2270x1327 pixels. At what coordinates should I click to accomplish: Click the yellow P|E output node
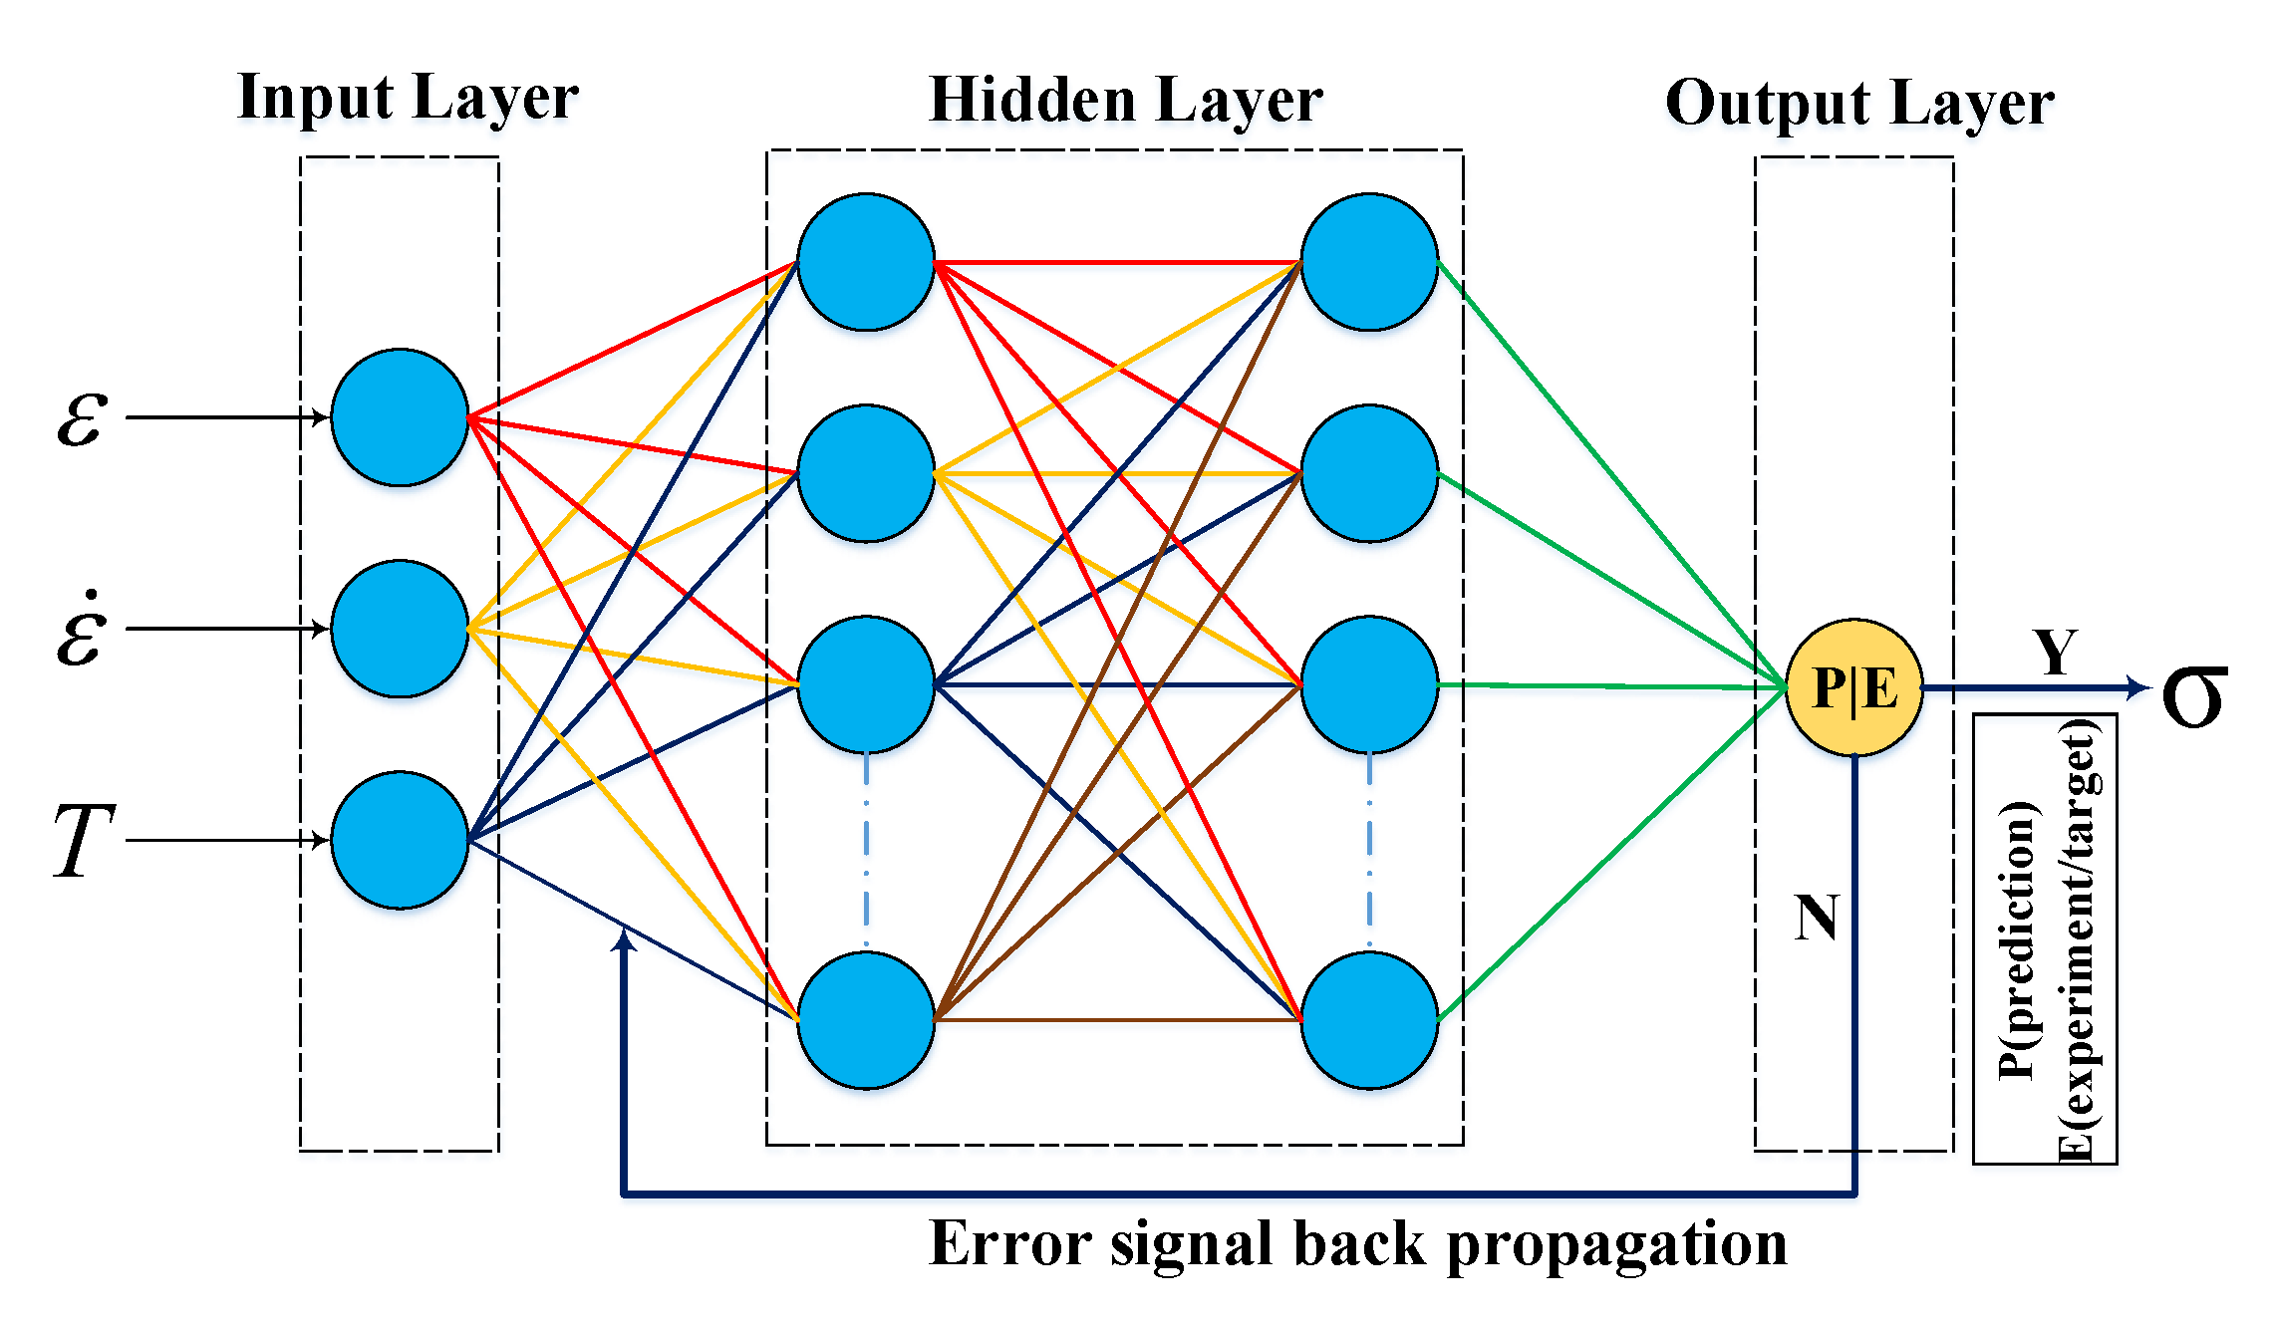coord(1853,687)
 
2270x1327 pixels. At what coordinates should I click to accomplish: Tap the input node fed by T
coord(400,840)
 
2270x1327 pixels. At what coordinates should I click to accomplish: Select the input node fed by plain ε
coord(400,417)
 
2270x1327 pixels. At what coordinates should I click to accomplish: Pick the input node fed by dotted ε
coord(400,629)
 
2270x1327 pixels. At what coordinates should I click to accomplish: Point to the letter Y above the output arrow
coord(2055,654)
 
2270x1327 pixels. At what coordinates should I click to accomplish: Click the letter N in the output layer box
coord(1816,918)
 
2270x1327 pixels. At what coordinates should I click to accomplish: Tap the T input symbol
coord(84,842)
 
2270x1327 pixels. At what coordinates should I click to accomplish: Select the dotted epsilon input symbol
coord(82,631)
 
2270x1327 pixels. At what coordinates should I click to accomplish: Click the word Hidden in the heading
coord(1032,101)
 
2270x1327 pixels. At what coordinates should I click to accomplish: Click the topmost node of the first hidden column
coord(865,262)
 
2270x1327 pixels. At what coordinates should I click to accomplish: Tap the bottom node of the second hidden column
coord(1369,1020)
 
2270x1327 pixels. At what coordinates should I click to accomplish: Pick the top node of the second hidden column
coord(1369,262)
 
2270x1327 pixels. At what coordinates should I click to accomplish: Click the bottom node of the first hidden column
coord(865,1020)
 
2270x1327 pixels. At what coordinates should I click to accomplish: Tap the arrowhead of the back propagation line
coord(624,938)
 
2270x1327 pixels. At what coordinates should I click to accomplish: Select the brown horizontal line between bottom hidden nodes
coord(1116,1020)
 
